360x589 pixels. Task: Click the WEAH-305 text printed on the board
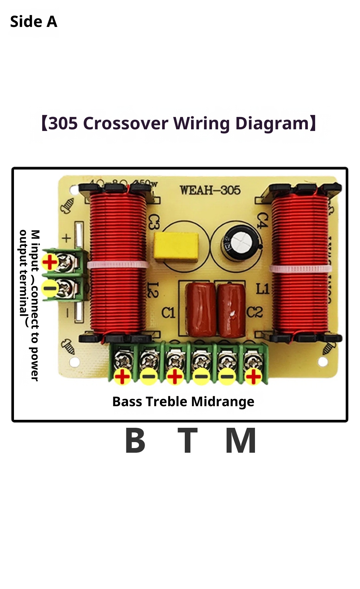[x=210, y=190]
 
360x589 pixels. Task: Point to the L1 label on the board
[x=263, y=289]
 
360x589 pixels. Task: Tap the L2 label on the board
[x=153, y=290]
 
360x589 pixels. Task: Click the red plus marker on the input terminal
[x=50, y=262]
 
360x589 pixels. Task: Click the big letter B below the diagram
[x=135, y=441]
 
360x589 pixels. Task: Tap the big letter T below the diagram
[x=187, y=441]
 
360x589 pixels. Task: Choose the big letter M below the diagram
[x=241, y=441]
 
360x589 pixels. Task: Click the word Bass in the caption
[x=128, y=402]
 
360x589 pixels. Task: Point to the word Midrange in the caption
[x=222, y=402]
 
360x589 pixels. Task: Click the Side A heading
[x=34, y=22]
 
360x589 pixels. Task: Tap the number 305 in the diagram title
[x=63, y=123]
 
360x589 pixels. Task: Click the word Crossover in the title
[x=126, y=123]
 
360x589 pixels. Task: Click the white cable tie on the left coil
[x=118, y=265]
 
